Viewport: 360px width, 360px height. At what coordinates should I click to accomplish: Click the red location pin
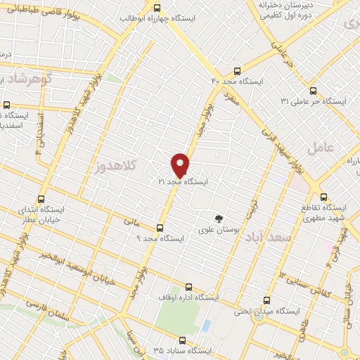pyautogui.click(x=180, y=165)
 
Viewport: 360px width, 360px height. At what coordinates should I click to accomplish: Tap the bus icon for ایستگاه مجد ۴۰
pyautogui.click(x=236, y=71)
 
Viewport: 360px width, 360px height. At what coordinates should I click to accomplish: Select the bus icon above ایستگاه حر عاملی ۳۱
pyautogui.click(x=314, y=90)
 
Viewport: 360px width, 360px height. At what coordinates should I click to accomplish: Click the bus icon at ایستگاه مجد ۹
pyautogui.click(x=160, y=227)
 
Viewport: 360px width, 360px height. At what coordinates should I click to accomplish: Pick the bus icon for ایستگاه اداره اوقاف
pyautogui.click(x=188, y=286)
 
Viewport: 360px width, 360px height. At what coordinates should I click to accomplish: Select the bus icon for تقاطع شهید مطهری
pyautogui.click(x=323, y=197)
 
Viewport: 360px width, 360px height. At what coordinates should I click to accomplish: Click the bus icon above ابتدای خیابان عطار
pyautogui.click(x=41, y=199)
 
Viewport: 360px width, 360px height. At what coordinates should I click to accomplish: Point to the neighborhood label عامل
pyautogui.click(x=319, y=147)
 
